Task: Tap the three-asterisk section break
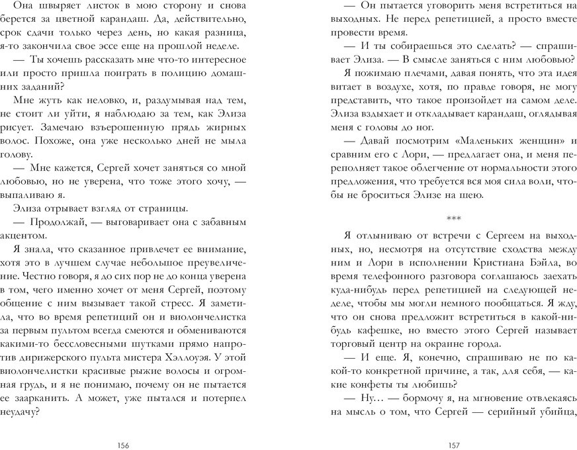(x=453, y=218)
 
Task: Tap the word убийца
(x=556, y=412)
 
